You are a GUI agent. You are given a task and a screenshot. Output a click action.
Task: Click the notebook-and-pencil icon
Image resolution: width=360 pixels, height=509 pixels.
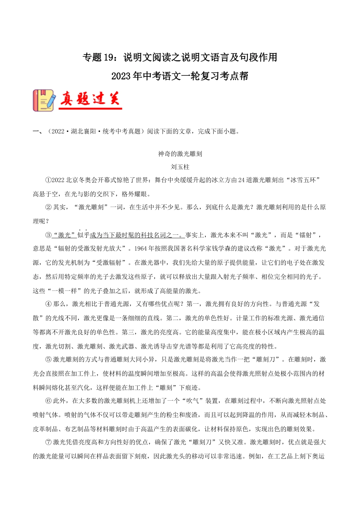[44, 100]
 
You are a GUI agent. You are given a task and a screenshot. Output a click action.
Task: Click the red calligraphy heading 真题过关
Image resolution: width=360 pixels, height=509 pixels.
[90, 99]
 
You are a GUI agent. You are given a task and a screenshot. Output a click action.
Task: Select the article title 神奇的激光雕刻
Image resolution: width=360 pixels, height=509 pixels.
[180, 154]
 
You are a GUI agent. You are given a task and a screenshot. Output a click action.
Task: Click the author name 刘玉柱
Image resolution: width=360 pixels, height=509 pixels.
[180, 167]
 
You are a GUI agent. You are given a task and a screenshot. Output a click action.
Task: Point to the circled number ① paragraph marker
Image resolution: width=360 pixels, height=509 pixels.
[48, 180]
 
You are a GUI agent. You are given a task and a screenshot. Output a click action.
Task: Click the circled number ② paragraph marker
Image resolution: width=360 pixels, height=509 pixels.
[48, 207]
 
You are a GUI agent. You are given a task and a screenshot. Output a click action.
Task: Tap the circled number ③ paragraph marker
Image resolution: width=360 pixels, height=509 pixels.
[48, 235]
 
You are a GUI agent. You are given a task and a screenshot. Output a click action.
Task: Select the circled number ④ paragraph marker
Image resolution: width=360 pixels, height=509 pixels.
[48, 304]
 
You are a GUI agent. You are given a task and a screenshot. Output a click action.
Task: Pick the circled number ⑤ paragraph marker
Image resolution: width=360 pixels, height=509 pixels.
[48, 359]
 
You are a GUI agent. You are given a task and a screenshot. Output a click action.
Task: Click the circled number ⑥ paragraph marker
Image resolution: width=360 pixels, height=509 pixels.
[48, 401]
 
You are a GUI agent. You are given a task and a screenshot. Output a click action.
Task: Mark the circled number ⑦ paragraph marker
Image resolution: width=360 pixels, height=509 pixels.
[48, 442]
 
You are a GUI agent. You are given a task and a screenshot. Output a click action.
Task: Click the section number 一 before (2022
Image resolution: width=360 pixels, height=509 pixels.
[36, 132]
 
